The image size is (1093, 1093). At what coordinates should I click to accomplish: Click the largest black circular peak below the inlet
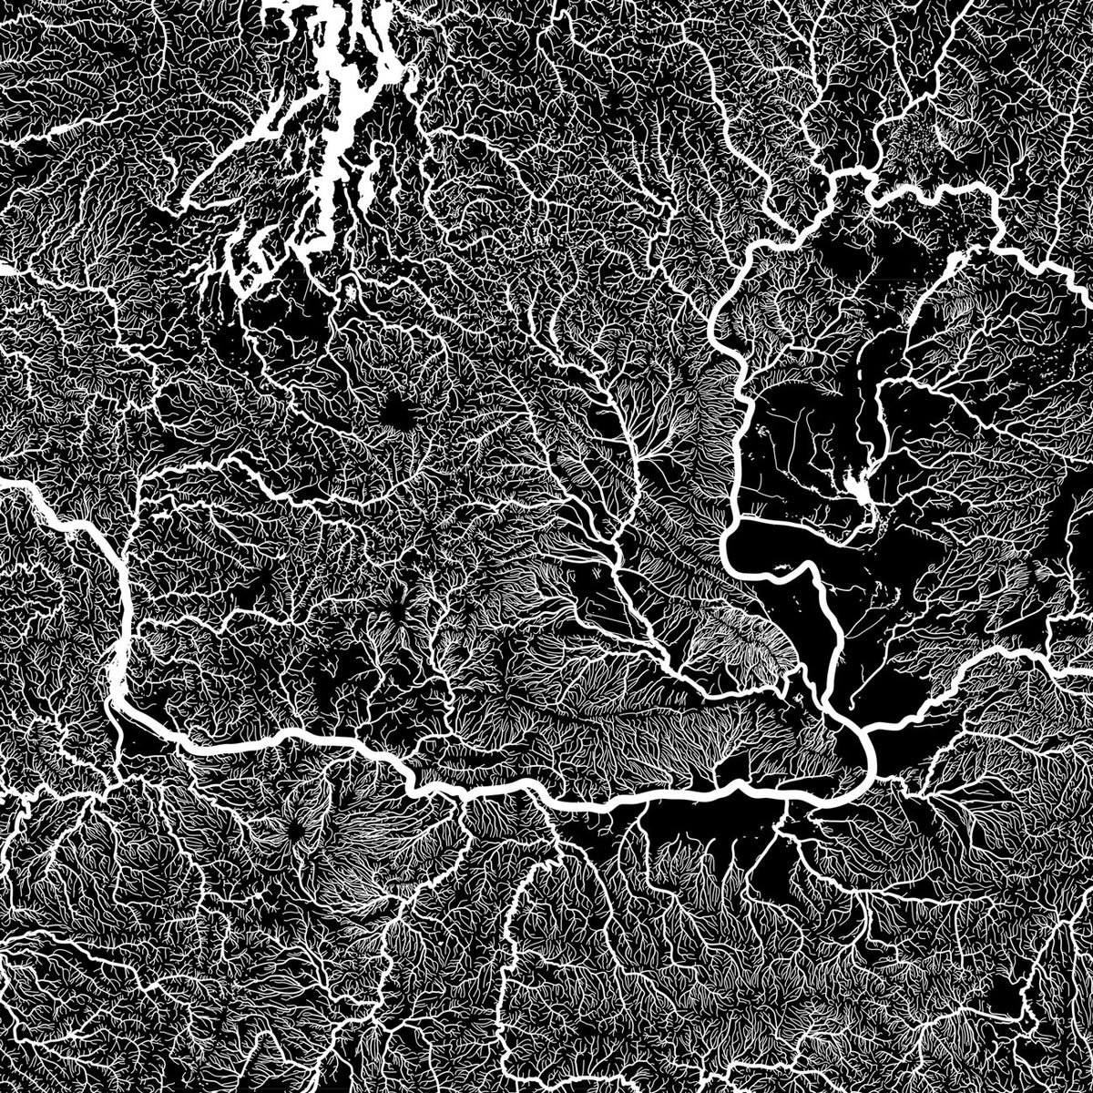click(x=397, y=414)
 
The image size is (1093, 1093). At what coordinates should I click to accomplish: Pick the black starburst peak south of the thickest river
click(x=296, y=829)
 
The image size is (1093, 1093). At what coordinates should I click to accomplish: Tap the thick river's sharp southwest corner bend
click(x=118, y=697)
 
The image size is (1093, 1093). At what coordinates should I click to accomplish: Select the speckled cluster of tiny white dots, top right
click(x=920, y=137)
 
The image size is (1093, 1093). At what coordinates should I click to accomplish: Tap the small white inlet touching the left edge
click(x=7, y=269)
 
